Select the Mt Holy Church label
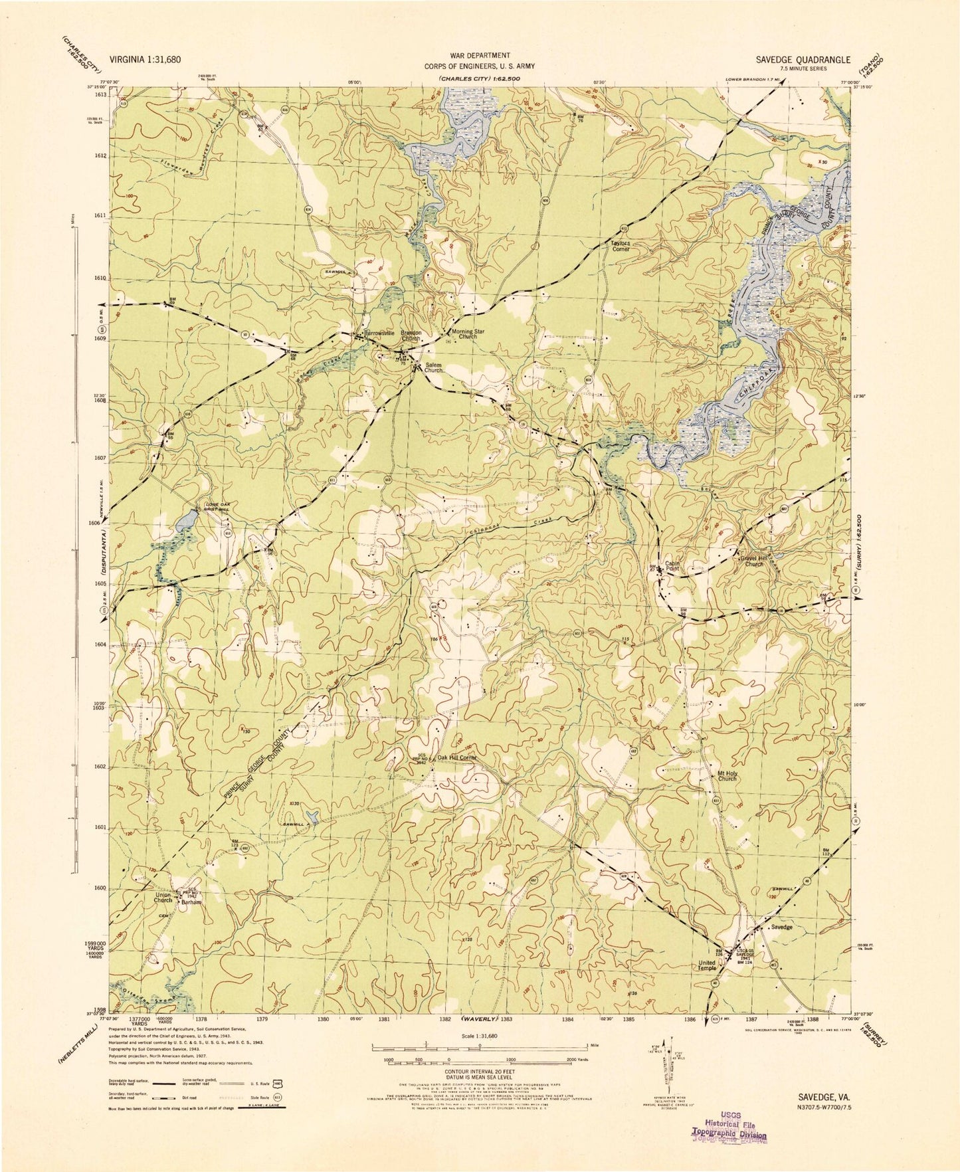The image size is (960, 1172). pyautogui.click(x=727, y=775)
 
